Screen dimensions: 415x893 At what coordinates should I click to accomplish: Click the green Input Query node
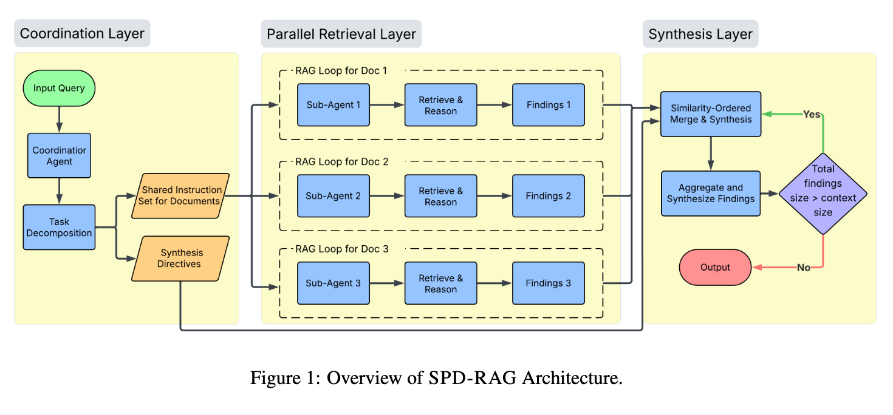coord(59,88)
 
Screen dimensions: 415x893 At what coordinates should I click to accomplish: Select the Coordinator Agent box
coord(60,156)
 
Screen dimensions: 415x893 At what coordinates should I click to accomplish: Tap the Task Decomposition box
coord(59,228)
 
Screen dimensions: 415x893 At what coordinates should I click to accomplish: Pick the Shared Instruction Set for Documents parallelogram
coord(180,196)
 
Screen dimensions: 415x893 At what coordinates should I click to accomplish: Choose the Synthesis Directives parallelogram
coord(181,258)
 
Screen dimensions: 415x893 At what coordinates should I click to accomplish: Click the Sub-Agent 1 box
coord(333,105)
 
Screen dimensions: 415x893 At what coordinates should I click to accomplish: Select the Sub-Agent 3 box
coord(333,283)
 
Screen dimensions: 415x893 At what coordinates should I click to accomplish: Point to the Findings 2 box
coord(548,196)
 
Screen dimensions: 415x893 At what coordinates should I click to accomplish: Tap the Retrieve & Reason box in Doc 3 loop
coord(440,283)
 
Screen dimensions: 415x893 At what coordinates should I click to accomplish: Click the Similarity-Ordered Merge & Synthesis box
coord(710,114)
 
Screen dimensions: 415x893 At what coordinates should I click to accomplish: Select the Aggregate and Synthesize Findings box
coord(710,194)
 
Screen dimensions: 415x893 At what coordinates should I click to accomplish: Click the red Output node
coord(715,268)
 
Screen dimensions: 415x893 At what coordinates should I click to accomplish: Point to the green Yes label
coord(812,114)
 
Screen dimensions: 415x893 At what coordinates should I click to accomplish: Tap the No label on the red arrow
coord(803,268)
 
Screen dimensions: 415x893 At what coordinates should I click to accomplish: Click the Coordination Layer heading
coord(82,34)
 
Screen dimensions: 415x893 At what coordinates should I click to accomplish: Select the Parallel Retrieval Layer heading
coord(341,34)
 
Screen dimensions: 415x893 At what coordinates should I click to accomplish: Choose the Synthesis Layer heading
coord(700,34)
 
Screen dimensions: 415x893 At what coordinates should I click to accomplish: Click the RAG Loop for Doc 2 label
coord(341,162)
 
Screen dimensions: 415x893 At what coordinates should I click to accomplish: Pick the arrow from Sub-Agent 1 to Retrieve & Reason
coord(387,105)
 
